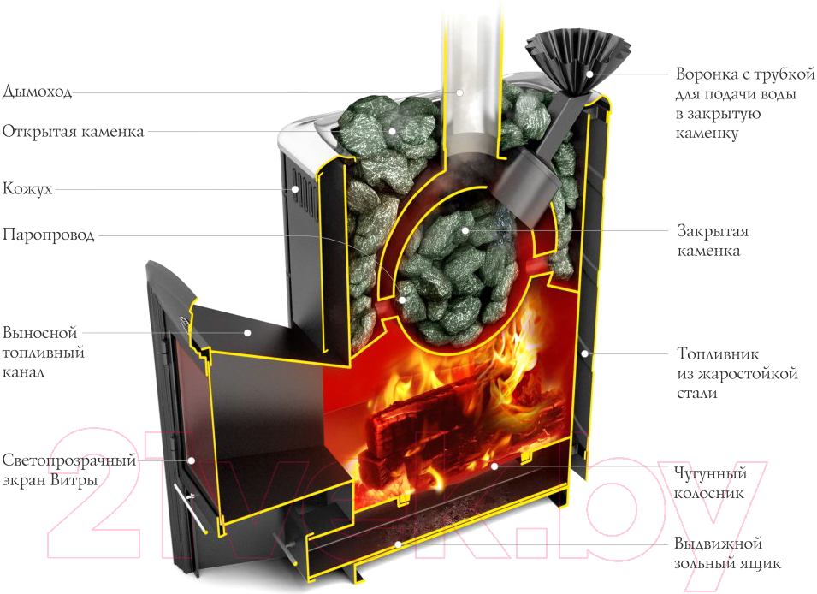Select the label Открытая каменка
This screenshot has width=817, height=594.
coord(73,131)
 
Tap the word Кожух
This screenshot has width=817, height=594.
coord(27,188)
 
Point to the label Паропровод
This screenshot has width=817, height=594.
coord(48,234)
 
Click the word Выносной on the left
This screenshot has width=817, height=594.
coord(39,332)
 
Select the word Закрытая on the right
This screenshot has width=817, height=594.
coord(712,231)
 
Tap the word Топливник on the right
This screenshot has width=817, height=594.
coord(719,353)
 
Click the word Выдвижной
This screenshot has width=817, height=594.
coord(717,544)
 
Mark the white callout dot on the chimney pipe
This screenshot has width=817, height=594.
coord(459,91)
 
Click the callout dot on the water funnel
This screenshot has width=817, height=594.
coord(589,74)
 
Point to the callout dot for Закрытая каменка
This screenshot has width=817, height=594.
coord(465,230)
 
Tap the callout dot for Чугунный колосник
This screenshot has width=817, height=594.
coord(494,466)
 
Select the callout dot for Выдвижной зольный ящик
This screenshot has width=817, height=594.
coord(398,544)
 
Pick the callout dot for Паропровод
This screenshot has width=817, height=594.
coord(403,300)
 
